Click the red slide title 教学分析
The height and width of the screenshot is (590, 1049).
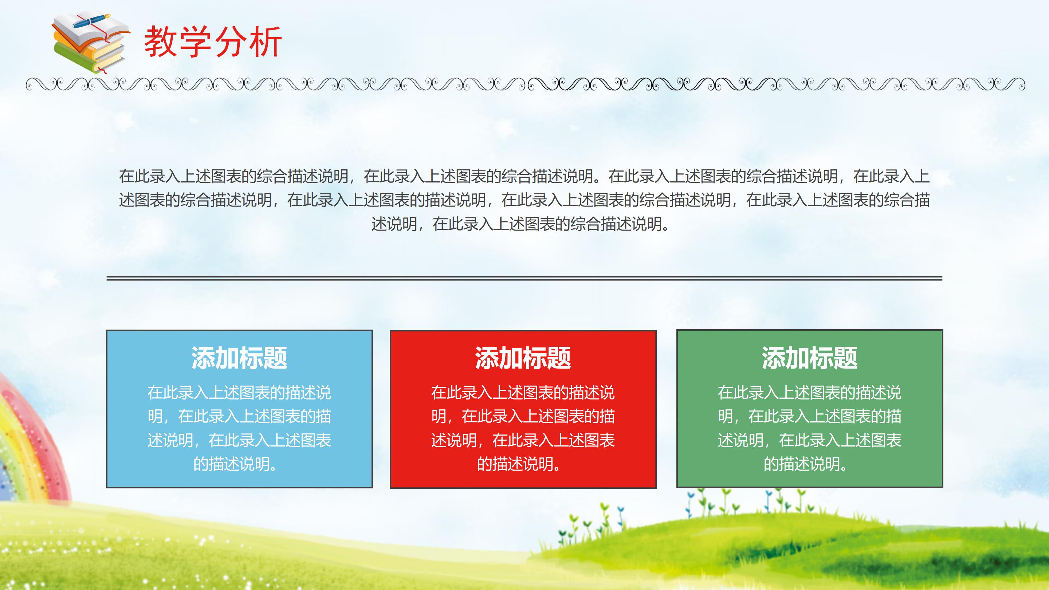(213, 42)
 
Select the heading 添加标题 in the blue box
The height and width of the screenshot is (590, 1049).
(239, 358)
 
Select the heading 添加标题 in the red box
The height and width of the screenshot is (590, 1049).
(523, 358)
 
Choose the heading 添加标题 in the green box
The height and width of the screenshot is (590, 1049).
(810, 358)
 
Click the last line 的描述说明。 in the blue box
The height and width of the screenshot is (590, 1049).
(236, 464)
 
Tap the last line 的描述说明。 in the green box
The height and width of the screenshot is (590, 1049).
(806, 464)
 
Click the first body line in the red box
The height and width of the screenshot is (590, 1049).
(523, 393)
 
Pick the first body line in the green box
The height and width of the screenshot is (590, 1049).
(810, 393)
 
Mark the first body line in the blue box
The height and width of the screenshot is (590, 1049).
(239, 393)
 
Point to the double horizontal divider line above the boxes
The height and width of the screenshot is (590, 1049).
(524, 278)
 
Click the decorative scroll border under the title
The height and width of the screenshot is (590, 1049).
(524, 84)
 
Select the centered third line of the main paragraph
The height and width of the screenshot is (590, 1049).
(520, 224)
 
